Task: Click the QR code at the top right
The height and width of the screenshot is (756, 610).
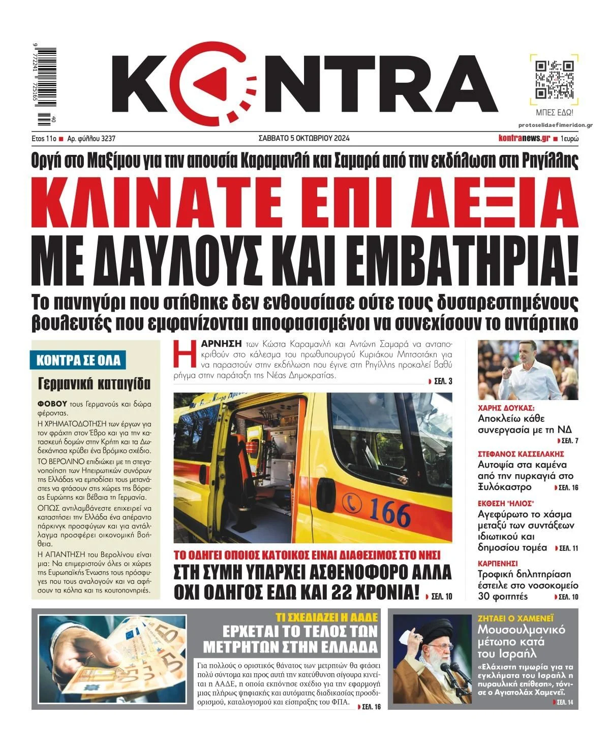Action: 555,79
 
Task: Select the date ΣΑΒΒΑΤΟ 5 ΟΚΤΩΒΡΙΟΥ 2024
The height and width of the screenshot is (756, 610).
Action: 304,138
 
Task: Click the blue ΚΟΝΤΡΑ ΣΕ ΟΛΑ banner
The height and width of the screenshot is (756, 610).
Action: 78,360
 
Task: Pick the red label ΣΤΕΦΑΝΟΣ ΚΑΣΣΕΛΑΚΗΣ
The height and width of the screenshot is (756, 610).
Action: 521,454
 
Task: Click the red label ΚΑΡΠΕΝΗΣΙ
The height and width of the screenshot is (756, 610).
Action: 498,564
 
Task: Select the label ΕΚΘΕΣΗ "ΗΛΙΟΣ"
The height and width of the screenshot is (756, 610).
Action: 505,503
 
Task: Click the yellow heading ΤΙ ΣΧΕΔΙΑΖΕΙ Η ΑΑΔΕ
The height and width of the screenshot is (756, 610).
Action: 326,617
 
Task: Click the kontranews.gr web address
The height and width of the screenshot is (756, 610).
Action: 524,138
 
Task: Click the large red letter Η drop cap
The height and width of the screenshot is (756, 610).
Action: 183,354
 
